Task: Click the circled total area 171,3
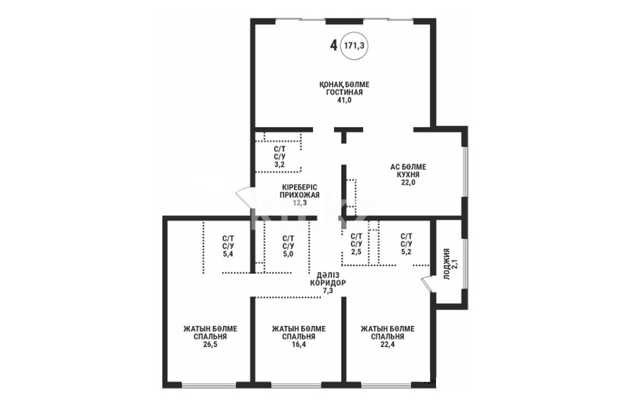coord(354,46)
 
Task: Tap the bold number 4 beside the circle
coord(333,46)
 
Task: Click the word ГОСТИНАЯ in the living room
coord(344,92)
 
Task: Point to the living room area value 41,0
coord(344,100)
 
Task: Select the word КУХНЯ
coord(408,175)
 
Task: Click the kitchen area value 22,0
coord(408,182)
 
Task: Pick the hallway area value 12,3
coord(300,203)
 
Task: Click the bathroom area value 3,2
coord(279,164)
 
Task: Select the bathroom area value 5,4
coord(228,254)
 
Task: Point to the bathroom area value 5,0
coord(288,254)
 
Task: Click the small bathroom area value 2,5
coord(356,252)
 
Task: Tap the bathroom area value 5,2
coord(406,252)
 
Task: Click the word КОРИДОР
coord(328,283)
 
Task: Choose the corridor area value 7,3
coord(328,291)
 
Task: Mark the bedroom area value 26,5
coord(210,345)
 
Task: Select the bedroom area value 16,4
coord(299,345)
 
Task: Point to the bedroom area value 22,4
coord(388,345)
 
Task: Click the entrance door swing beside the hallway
coord(243,198)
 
